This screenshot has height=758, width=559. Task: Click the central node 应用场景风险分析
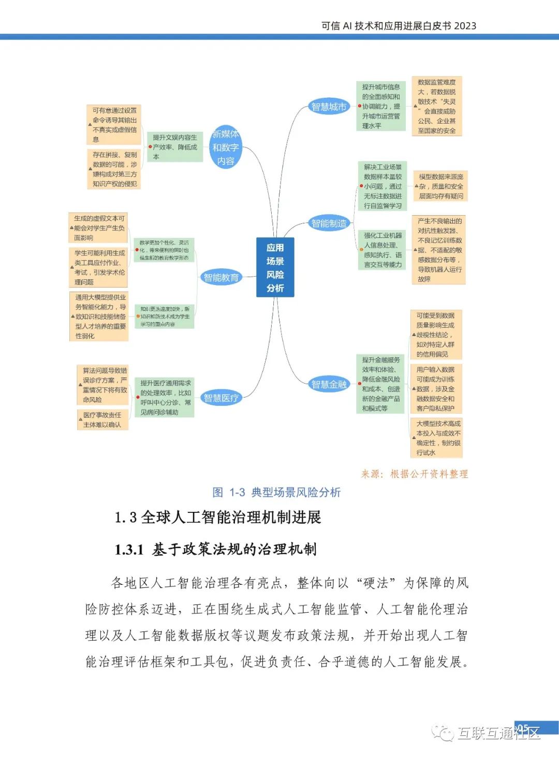tap(275, 267)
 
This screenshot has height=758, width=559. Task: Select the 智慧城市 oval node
tap(328, 107)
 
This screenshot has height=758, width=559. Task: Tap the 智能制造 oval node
tap(329, 223)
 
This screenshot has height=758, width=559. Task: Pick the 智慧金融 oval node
tap(329, 384)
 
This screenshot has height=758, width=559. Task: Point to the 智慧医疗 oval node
tap(221, 398)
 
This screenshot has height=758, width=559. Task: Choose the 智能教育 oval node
tap(221, 278)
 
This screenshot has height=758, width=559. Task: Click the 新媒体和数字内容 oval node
tap(225, 147)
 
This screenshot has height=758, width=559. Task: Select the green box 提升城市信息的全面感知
tap(381, 106)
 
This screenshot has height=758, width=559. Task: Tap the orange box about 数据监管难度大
tap(437, 106)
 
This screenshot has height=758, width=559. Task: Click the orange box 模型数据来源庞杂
tap(440, 186)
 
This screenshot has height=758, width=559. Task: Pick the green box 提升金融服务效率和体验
tap(381, 384)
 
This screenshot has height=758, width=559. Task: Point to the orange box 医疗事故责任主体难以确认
tap(102, 420)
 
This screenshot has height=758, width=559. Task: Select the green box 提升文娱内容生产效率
tap(174, 147)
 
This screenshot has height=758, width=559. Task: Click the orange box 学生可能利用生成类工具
tap(99, 267)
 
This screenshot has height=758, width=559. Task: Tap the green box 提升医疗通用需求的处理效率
tap(165, 398)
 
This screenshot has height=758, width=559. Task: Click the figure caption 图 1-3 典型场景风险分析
tap(276, 492)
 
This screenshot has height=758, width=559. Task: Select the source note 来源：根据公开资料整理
tap(414, 474)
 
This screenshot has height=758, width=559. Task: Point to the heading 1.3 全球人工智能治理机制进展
tap(218, 517)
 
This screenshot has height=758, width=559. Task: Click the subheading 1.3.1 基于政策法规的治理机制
tap(215, 549)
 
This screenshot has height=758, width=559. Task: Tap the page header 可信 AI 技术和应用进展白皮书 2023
tap(399, 26)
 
